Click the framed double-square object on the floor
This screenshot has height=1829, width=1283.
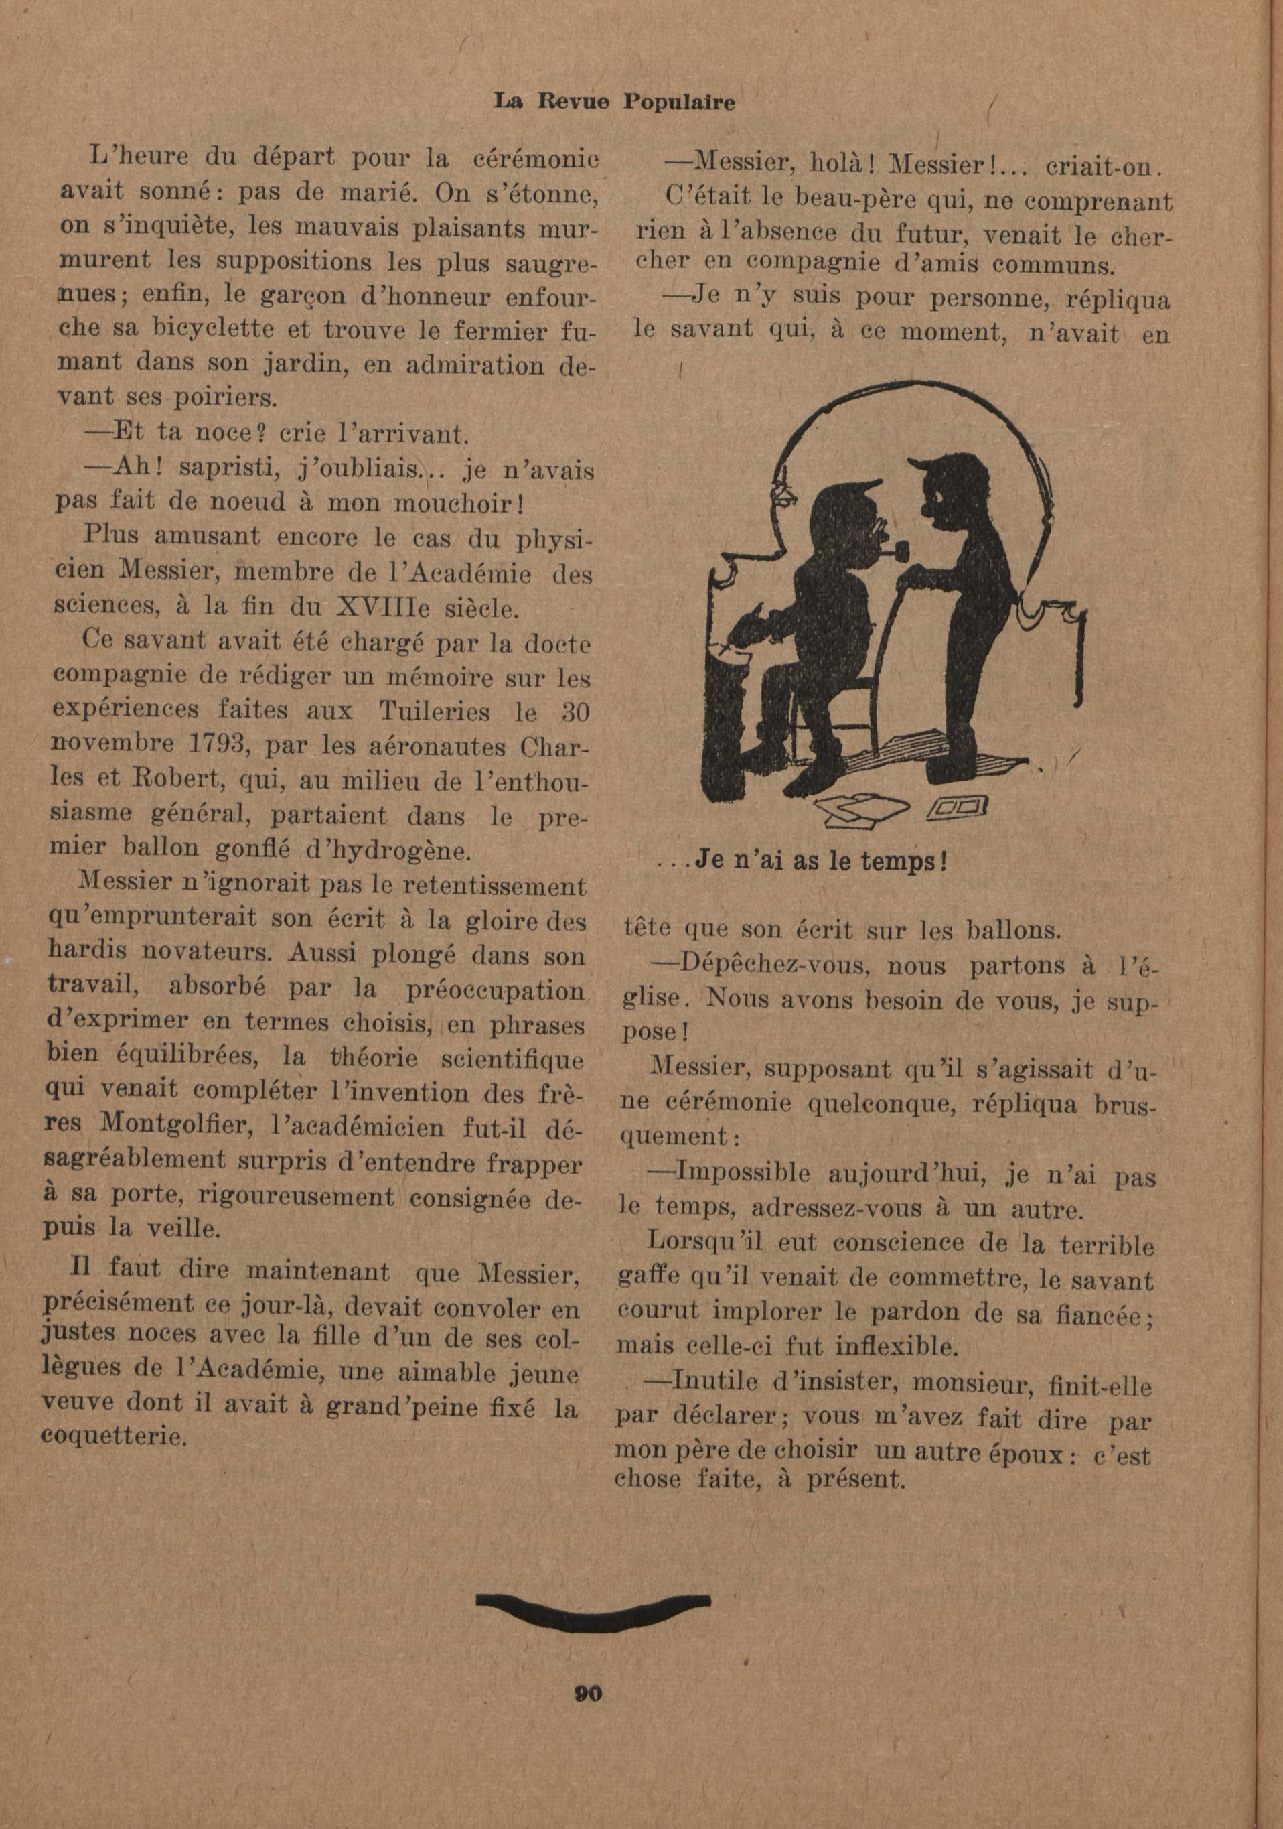click(958, 809)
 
